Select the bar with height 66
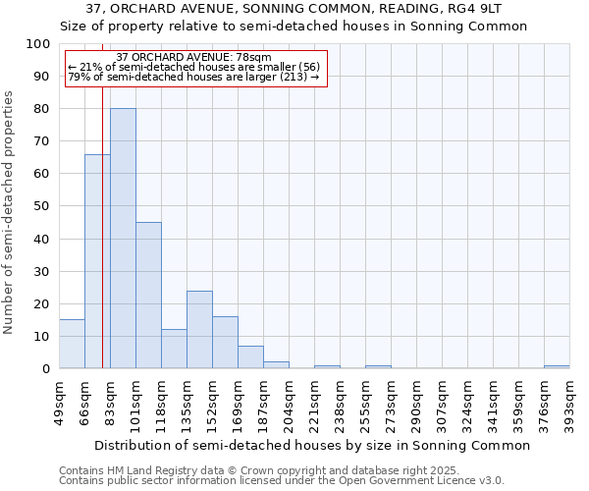tap(97, 261)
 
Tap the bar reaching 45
tap(148, 296)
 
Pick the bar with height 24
tap(199, 330)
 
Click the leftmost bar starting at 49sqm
tap(72, 344)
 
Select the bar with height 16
tap(225, 343)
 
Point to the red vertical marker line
tap(102, 245)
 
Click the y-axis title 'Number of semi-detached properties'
tap(10, 212)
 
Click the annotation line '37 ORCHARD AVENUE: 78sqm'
tap(193, 58)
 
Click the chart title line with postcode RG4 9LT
tap(294, 9)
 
